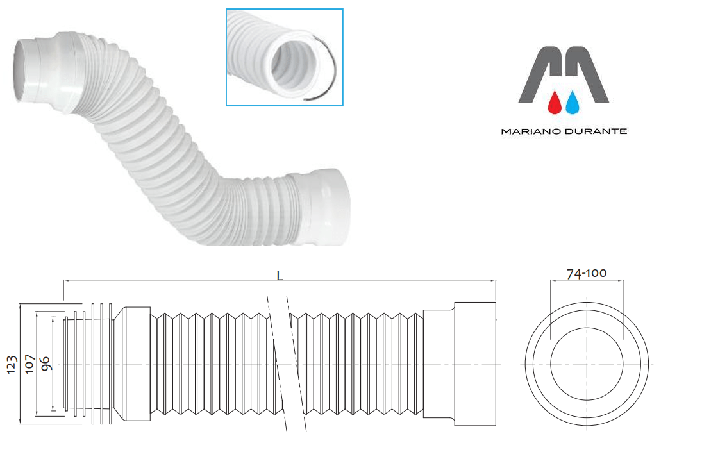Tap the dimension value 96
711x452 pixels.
pyautogui.click(x=45, y=364)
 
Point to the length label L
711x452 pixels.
pyautogui.click(x=280, y=275)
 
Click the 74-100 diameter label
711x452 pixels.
pyautogui.click(x=586, y=274)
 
